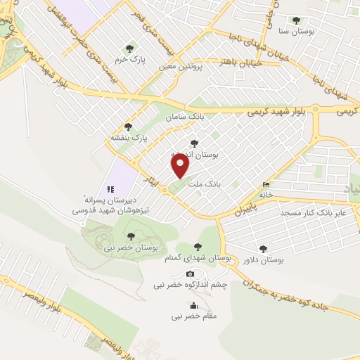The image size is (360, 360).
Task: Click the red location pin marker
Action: point(181,165)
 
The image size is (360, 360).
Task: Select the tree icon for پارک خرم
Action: point(128,49)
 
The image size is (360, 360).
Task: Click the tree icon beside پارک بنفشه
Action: point(127,127)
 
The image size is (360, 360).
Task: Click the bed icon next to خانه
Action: point(266,185)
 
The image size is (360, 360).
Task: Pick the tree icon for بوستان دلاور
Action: point(264,248)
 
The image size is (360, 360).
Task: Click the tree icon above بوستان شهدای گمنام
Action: point(198,246)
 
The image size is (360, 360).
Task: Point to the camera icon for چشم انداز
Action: point(190,274)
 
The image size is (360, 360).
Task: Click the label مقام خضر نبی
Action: point(194,316)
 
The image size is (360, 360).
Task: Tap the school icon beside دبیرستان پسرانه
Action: point(109,189)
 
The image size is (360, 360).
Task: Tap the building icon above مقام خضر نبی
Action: point(193,306)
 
